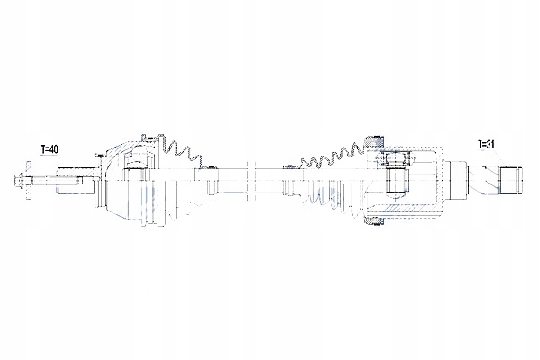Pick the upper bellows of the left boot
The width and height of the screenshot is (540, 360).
(x=180, y=153)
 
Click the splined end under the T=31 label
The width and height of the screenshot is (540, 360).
(x=511, y=180)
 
